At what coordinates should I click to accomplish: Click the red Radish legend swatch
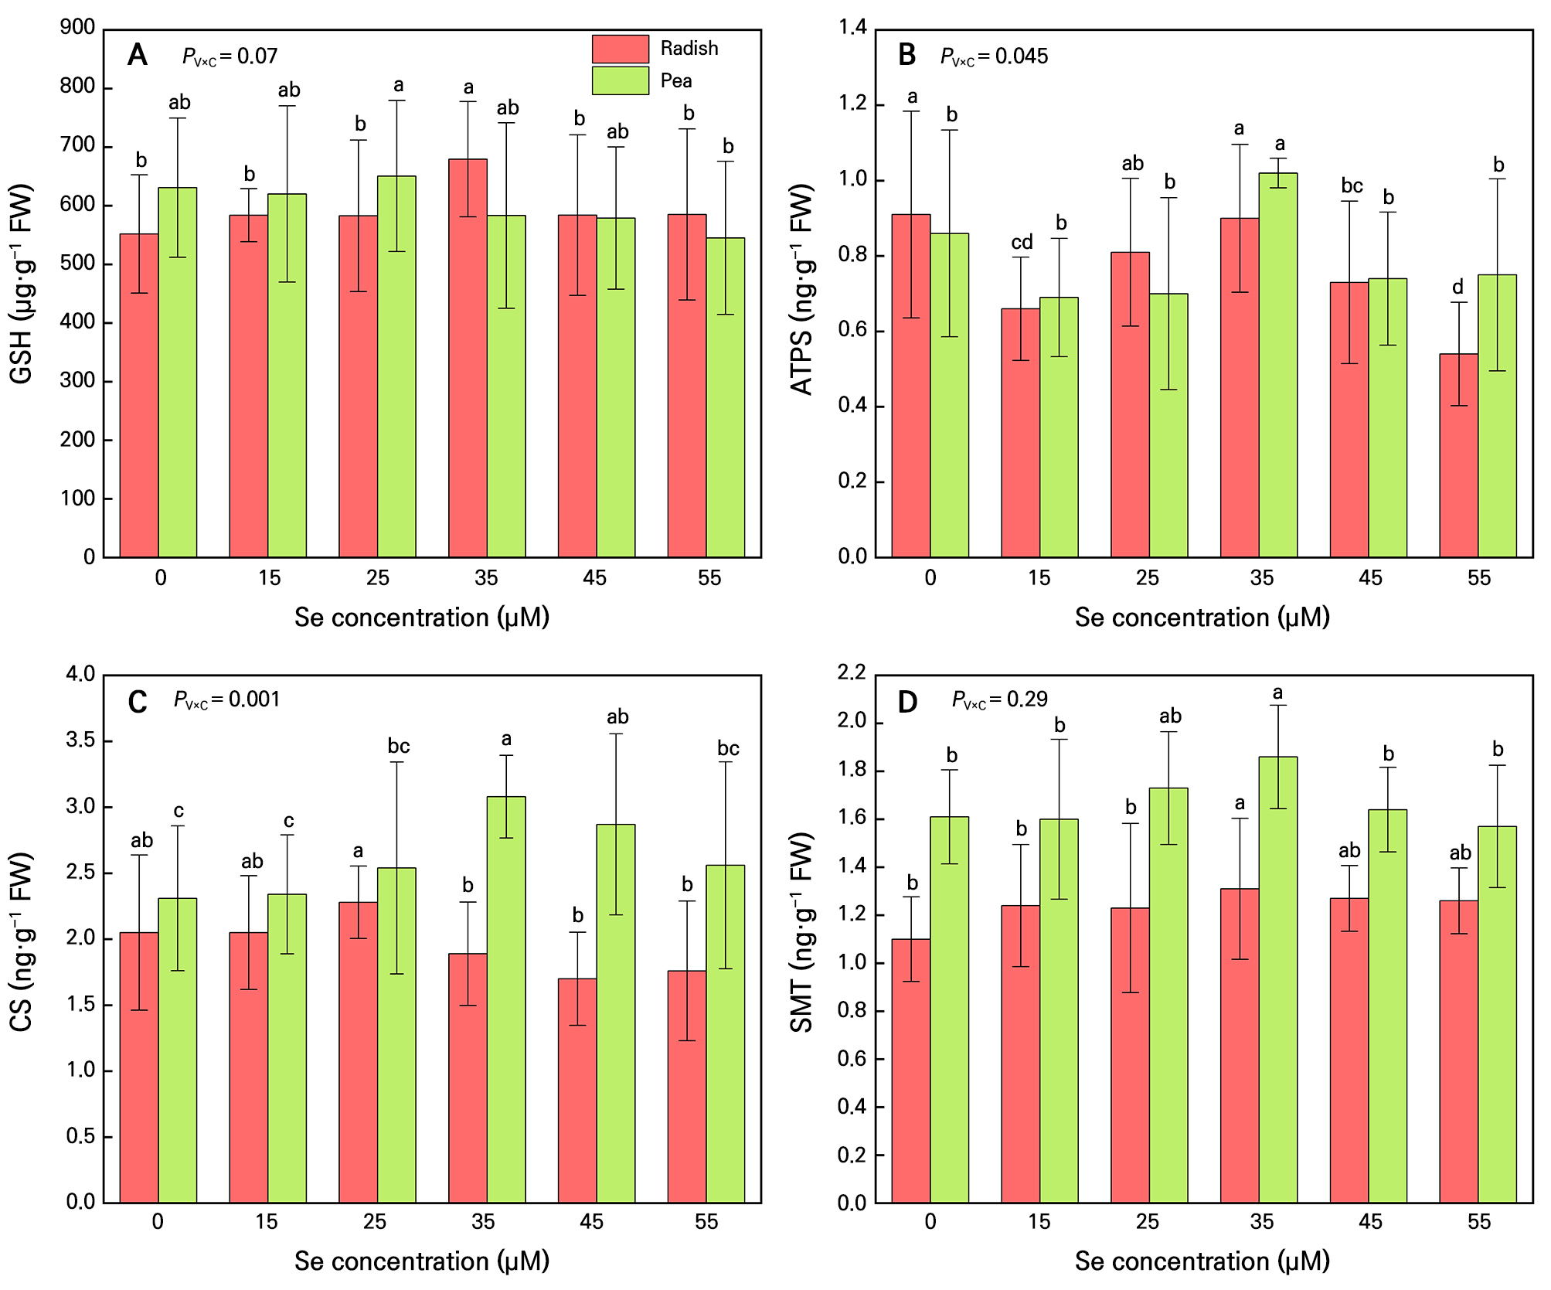pos(620,49)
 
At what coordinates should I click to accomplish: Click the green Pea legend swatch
pos(620,80)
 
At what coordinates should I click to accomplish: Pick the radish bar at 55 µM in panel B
pos(1458,455)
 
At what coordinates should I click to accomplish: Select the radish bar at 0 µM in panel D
pos(910,1070)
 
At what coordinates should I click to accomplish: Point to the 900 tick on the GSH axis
pos(77,28)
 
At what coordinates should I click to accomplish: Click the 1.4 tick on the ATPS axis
pos(853,29)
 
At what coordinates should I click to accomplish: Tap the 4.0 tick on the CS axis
pos(80,674)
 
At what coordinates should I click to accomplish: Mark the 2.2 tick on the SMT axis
pos(852,672)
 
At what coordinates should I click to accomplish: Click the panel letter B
pos(906,55)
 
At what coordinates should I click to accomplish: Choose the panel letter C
pos(137,701)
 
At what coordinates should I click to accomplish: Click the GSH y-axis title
pos(22,284)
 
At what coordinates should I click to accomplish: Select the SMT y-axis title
pos(802,932)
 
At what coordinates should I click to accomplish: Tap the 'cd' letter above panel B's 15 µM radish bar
pos(1022,243)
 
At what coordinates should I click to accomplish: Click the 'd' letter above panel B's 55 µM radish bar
pos(1457,288)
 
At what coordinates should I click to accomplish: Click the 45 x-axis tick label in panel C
pos(591,1221)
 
